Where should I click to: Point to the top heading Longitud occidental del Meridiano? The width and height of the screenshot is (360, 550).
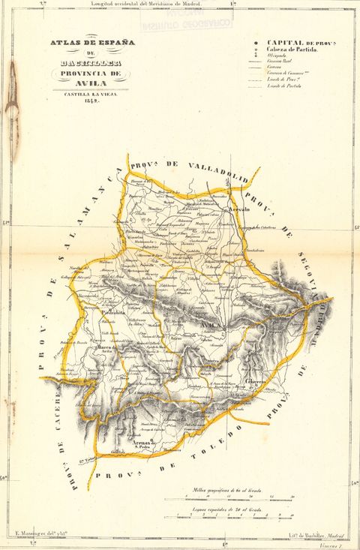tap(146, 4)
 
